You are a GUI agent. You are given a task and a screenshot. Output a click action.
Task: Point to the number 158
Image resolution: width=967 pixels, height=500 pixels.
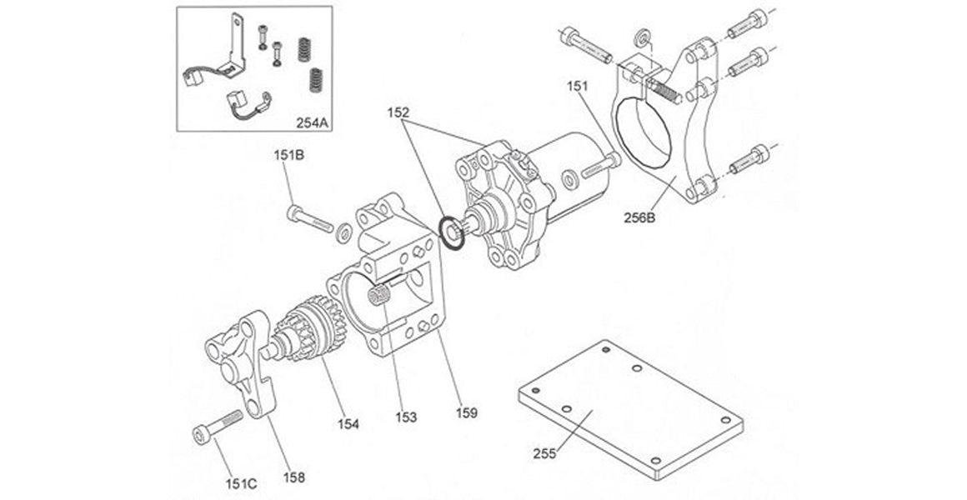(293, 477)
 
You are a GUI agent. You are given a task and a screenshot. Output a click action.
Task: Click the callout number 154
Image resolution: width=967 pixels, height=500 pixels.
(348, 424)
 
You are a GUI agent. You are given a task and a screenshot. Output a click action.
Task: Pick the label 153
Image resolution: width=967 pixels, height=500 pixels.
(407, 416)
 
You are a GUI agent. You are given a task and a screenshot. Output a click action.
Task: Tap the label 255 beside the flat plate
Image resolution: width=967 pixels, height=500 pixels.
(544, 454)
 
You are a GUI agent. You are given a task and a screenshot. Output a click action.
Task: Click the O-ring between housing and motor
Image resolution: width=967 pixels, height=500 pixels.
(450, 232)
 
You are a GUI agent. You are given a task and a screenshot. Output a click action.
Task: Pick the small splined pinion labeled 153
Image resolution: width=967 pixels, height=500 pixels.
(380, 295)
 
